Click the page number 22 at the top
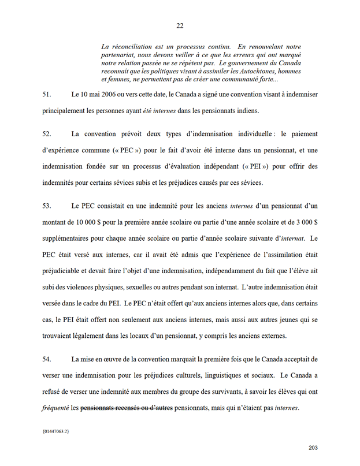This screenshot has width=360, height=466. click(180, 25)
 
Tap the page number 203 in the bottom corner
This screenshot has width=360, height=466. click(313, 448)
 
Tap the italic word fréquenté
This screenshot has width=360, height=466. click(55, 408)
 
